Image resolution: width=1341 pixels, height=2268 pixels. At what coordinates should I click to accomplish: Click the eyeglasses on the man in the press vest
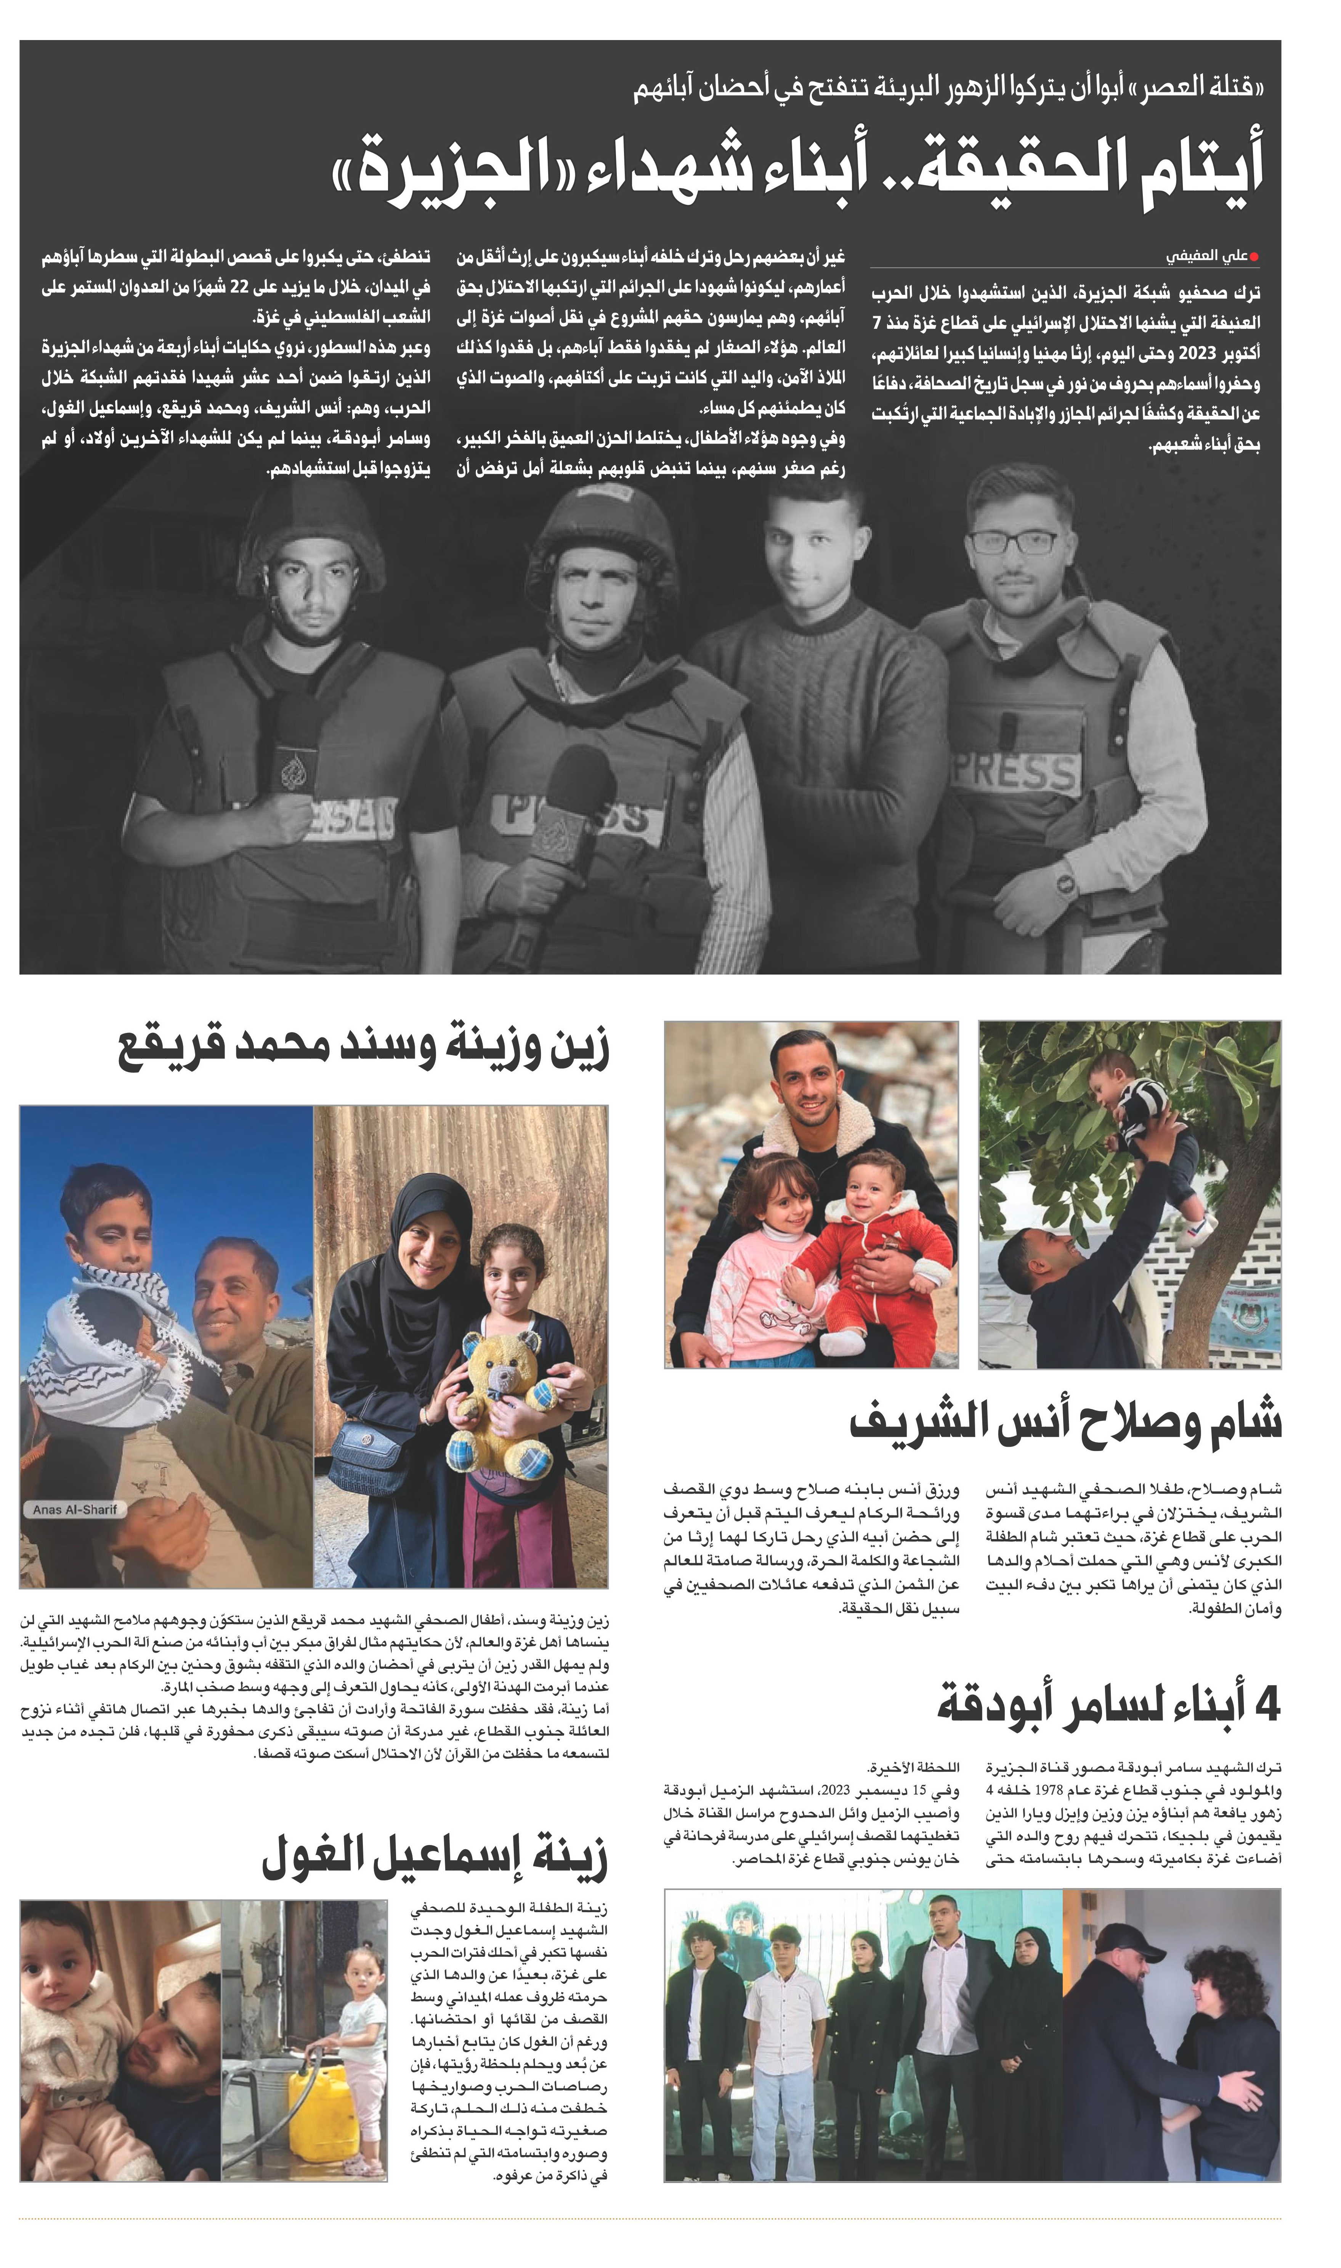1012,542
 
